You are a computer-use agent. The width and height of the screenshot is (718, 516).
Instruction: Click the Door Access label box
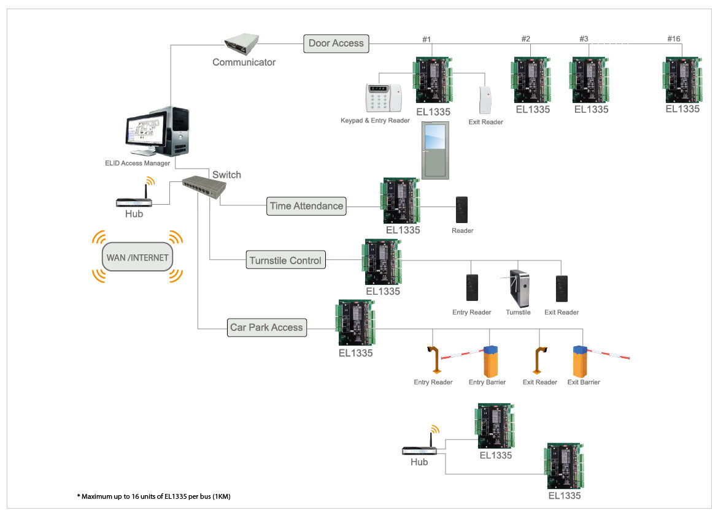336,43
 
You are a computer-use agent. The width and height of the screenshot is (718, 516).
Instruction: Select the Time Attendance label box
306,206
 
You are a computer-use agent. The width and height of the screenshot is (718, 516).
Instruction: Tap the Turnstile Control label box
285,260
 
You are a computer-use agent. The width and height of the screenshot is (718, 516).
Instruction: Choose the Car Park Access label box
266,327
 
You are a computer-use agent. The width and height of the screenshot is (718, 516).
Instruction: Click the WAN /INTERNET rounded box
137,257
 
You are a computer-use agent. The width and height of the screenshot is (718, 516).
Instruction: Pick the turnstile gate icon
517,288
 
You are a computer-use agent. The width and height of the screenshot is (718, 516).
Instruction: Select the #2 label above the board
525,39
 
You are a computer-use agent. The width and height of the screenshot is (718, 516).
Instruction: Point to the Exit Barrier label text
583,382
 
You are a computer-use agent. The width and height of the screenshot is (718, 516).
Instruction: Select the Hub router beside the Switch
133,200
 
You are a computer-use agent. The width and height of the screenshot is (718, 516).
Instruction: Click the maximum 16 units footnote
153,496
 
